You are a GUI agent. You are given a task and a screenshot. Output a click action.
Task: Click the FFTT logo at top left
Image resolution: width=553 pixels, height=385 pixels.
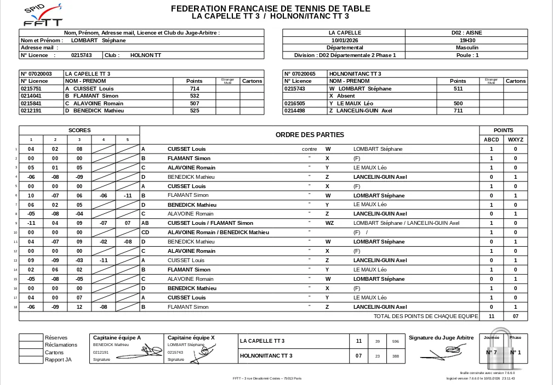[42, 15]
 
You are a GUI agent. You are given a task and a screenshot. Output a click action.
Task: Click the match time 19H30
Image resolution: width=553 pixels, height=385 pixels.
[467, 40]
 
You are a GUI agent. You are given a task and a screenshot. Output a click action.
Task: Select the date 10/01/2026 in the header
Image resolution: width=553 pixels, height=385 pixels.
[344, 40]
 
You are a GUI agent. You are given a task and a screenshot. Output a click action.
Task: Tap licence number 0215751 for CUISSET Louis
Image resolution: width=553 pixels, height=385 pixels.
[31, 88]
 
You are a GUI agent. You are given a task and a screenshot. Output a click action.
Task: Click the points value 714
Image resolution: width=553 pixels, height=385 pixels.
[195, 88]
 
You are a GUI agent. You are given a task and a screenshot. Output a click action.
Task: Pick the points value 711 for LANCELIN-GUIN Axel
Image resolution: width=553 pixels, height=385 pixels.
[458, 110]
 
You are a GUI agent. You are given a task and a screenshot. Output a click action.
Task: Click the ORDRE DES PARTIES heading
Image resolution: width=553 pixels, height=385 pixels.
[310, 134]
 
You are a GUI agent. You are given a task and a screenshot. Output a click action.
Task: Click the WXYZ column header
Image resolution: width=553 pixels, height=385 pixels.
[515, 139]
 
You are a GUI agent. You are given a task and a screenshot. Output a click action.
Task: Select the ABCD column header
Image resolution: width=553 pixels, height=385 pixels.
[491, 139]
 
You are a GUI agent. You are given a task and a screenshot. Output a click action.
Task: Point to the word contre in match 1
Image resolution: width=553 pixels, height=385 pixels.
[310, 149]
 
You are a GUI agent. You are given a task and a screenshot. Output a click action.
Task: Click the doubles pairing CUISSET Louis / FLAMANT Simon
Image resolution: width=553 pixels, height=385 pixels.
[210, 223]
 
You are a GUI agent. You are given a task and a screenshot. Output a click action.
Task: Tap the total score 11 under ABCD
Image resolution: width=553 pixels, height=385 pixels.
[491, 316]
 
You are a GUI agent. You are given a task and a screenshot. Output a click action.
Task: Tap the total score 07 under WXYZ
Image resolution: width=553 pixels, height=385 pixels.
[515, 316]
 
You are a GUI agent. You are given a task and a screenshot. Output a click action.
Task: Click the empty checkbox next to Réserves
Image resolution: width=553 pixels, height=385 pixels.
[31, 337]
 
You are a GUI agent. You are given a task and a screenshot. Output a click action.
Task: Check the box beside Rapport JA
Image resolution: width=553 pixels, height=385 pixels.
[31, 360]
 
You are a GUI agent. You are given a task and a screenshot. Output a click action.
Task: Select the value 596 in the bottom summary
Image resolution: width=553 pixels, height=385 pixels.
[396, 341]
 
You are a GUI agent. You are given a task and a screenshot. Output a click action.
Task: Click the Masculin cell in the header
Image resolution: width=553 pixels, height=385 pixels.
[467, 48]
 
